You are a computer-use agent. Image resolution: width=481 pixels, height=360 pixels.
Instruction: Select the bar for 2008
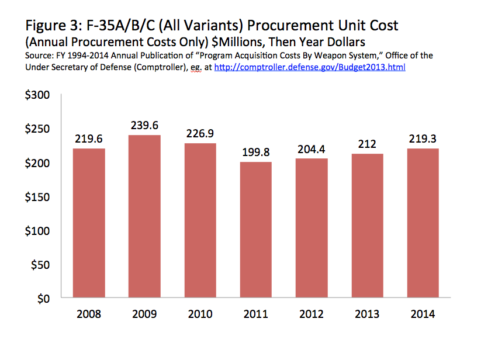coord(88,223)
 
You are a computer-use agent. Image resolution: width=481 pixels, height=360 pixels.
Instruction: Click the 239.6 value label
coord(144,126)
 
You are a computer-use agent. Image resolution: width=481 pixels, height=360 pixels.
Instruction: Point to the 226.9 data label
coord(200,133)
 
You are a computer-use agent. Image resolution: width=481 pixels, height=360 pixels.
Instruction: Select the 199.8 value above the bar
coord(256,152)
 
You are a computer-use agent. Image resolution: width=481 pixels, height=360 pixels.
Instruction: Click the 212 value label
coord(367,144)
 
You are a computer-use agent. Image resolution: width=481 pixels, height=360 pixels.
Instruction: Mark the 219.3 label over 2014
coord(423,139)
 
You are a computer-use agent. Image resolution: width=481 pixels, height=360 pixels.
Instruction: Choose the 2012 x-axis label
coord(312,314)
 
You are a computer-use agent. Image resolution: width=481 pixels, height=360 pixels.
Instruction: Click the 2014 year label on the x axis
coord(423,314)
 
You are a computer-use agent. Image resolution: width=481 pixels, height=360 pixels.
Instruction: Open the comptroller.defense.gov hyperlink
coord(310,67)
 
